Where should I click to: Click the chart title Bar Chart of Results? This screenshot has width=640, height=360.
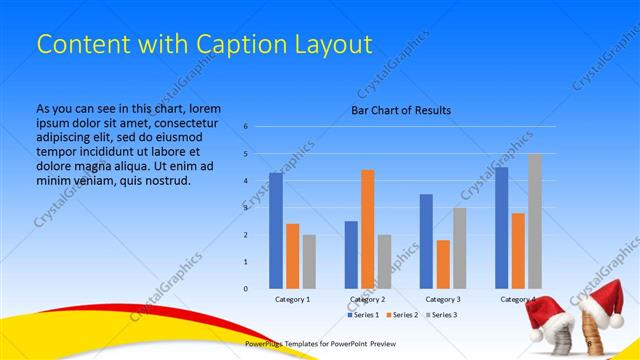tap(401, 110)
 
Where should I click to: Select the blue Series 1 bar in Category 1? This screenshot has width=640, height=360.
tap(276, 231)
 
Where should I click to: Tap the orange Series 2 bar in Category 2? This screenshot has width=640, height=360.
tap(368, 229)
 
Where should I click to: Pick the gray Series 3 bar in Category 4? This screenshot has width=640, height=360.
tap(535, 221)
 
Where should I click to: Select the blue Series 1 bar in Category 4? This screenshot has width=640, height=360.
tap(501, 228)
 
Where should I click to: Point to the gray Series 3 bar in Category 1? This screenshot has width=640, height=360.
tap(309, 261)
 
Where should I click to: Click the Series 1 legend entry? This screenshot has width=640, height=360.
tap(364, 315)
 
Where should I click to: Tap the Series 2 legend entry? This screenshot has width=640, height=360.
tap(402, 315)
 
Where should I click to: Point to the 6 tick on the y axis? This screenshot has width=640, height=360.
tap(245, 127)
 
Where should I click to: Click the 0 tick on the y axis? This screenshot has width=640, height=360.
tap(245, 289)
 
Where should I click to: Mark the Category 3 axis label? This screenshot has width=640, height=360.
tap(443, 299)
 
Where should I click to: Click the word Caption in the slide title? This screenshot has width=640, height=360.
tap(222, 45)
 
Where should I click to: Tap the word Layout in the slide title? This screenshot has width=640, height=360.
tap(326, 45)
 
